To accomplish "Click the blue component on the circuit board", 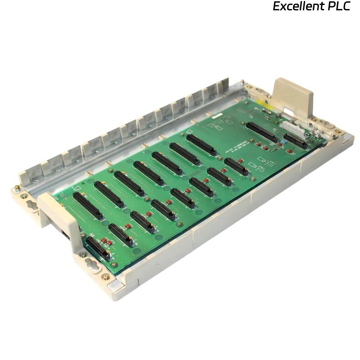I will coord(283,141).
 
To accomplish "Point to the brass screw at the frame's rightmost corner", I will coord(344,132).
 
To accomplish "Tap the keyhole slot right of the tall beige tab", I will coord(324,122).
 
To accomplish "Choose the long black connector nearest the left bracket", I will coord(88,206).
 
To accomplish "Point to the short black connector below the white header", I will coord(296,141).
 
